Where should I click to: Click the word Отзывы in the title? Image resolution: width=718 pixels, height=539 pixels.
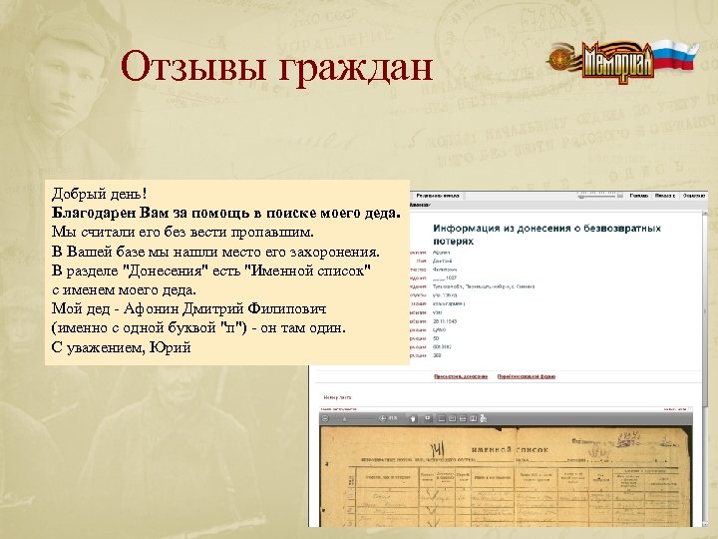coord(189,68)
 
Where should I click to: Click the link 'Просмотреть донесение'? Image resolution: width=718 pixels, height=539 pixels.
coord(461,376)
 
